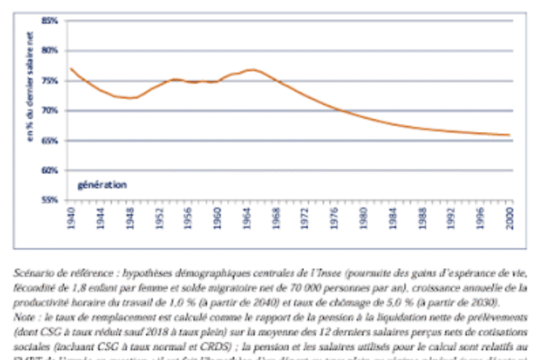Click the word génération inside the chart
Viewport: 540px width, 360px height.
pos(102,184)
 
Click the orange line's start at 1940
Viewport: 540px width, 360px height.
pos(70,68)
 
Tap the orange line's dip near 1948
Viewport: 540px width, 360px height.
pos(130,97)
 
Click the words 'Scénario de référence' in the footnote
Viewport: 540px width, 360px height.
pos(57,270)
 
